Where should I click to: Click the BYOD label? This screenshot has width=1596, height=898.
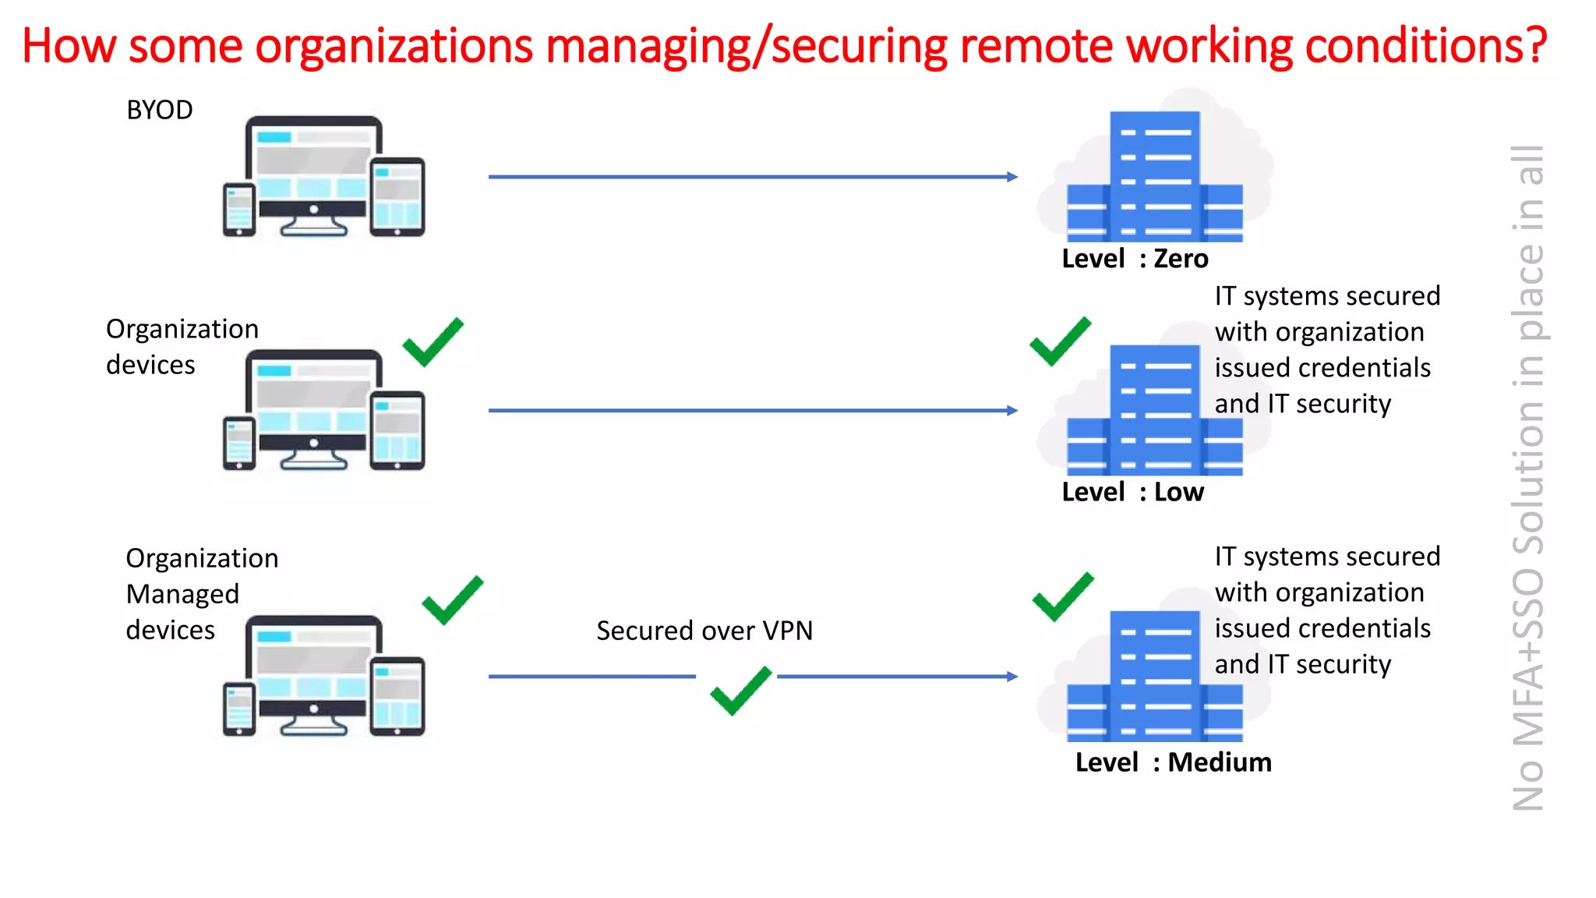(159, 110)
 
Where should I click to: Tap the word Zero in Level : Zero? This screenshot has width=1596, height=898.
(1181, 259)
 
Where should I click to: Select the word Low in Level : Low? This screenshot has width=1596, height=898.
(1178, 493)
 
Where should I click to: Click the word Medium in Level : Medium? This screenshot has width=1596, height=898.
(1220, 762)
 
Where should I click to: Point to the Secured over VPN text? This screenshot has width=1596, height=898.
(704, 630)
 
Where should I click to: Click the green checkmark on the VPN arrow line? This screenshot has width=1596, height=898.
(740, 691)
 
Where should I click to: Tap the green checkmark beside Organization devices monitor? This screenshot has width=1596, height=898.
(433, 342)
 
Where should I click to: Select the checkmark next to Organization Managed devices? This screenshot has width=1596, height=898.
(452, 601)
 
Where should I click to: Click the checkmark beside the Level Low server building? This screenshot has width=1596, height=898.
(1060, 341)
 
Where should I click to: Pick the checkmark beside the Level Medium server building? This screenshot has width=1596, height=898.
(1062, 597)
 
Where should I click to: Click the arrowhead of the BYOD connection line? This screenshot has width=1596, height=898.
(1012, 177)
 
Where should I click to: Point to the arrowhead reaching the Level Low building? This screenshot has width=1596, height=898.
(1012, 411)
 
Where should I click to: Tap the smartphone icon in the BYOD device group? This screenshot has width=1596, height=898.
(239, 209)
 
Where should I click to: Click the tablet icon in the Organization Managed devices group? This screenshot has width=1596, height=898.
(397, 696)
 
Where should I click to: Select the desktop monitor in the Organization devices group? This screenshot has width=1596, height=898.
(313, 405)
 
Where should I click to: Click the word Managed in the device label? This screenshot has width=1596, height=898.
(182, 594)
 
